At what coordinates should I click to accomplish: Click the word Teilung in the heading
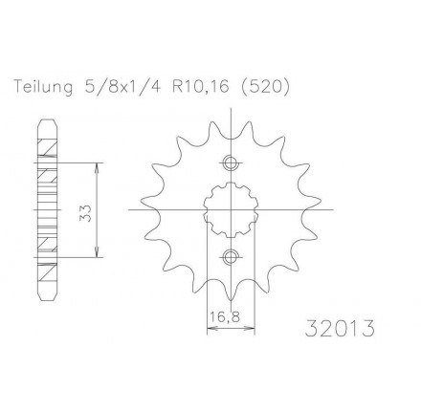[x=43, y=87]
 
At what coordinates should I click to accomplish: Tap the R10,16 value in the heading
[x=201, y=87]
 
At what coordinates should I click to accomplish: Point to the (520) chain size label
[x=264, y=87]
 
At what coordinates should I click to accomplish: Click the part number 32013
[x=340, y=328]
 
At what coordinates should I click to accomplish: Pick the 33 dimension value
[x=86, y=213]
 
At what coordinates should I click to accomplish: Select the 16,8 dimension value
[x=225, y=316]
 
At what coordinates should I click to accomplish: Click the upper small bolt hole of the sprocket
[x=231, y=163]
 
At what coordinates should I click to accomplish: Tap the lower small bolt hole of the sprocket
[x=231, y=256]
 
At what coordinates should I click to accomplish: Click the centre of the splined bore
[x=231, y=210]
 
